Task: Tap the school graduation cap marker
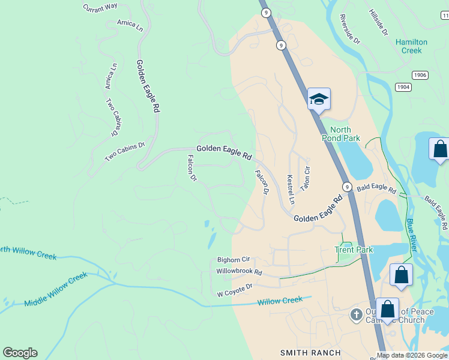pos(319,100)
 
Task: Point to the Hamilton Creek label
pos(412,46)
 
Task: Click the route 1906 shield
pos(420,74)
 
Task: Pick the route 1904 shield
pos(403,87)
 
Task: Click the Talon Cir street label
pos(306,178)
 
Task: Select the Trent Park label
pos(354,250)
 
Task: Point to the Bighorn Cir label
pos(233,260)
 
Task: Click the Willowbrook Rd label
pos(240,272)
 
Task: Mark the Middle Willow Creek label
pos(56,289)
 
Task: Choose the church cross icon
pos(356,314)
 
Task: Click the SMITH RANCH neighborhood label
pos(310,353)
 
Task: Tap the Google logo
pos(20,353)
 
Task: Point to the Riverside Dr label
pos(349,29)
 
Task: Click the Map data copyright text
pos(412,355)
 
